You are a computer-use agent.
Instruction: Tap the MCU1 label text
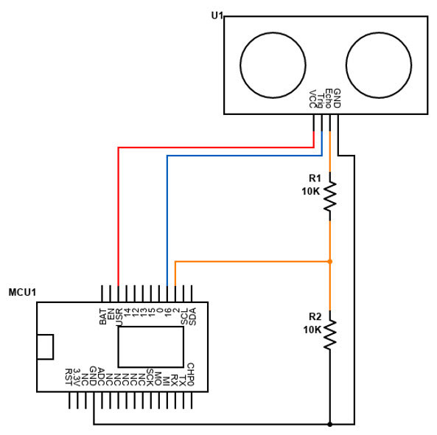[22, 293]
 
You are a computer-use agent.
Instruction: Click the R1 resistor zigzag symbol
[330, 196]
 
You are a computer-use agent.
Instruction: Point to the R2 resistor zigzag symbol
[330, 333]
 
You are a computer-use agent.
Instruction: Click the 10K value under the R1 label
[311, 191]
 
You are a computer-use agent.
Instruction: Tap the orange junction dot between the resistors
[330, 261]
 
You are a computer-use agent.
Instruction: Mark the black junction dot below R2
[330, 424]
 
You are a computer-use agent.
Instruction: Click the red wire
[118, 214]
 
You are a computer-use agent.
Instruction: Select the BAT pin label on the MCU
[102, 316]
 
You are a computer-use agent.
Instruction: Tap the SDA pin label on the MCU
[192, 316]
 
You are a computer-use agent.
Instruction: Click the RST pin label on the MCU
[69, 376]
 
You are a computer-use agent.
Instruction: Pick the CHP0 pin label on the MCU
[191, 374]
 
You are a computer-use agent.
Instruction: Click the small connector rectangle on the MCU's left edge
[46, 347]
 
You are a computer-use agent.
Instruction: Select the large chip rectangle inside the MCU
[150, 347]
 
